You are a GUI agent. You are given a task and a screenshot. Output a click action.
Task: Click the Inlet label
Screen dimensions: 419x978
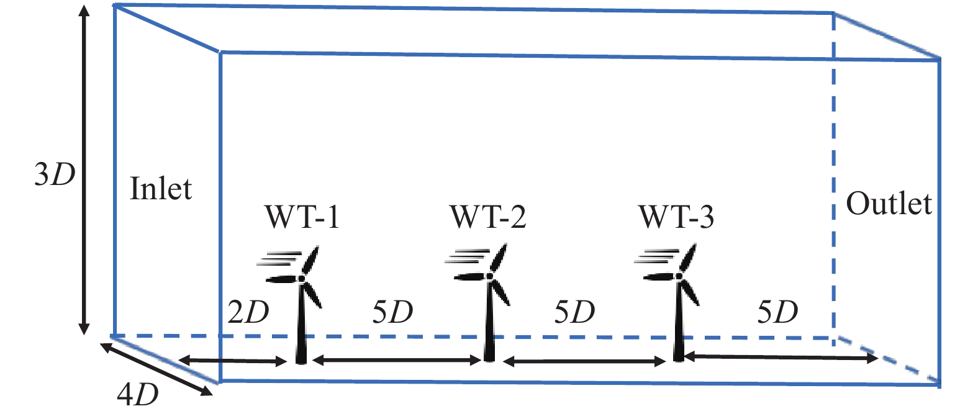161,189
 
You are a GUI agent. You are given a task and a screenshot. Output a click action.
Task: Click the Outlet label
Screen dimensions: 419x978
889,204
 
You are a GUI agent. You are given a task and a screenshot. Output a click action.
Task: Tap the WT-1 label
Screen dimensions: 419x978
302,217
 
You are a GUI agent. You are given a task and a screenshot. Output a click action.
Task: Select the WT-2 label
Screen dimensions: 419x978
488,217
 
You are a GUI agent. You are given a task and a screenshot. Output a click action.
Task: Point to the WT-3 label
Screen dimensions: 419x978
676,217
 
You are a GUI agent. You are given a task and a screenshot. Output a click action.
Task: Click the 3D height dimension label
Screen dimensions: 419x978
55,175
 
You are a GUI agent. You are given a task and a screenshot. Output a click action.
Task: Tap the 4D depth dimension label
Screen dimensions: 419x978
138,394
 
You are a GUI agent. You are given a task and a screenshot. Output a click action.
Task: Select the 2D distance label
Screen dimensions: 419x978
248,312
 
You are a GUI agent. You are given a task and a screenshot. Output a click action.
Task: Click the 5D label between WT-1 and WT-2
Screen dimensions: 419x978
392,312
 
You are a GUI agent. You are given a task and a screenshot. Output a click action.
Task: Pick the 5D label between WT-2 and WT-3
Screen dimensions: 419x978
574,312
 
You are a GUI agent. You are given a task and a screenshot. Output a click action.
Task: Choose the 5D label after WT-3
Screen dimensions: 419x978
777,312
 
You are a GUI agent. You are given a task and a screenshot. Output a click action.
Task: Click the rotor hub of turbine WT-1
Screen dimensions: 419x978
302,277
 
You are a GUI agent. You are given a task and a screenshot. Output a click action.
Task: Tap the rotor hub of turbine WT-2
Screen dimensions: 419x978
490,276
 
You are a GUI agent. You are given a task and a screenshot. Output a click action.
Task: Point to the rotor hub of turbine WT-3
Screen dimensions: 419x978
679,276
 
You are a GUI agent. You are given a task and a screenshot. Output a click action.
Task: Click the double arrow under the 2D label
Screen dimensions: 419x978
232,361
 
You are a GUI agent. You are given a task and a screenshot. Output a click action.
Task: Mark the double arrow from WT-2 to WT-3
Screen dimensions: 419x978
584,361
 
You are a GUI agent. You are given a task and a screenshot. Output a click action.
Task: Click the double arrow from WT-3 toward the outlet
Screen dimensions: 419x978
780,357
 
